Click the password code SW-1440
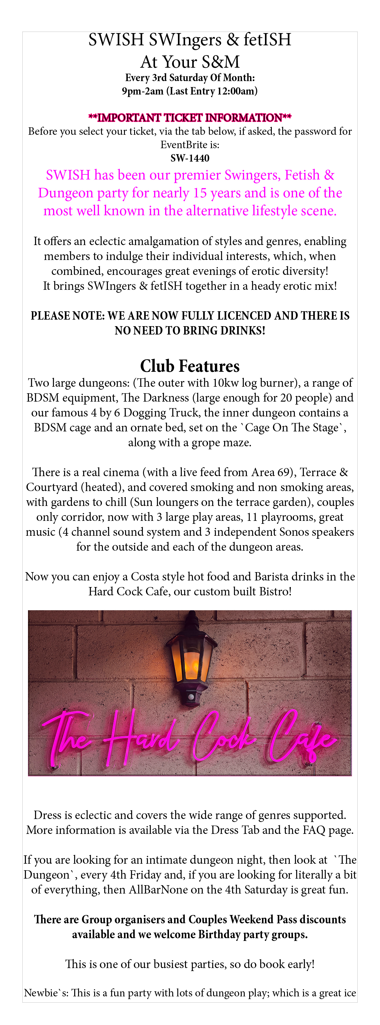pos(190,158)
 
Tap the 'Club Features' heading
pos(190,366)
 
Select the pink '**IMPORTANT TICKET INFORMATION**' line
pos(190,118)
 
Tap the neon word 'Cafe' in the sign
pos(303,738)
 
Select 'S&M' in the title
pos(221,62)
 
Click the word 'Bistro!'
pos(275,592)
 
